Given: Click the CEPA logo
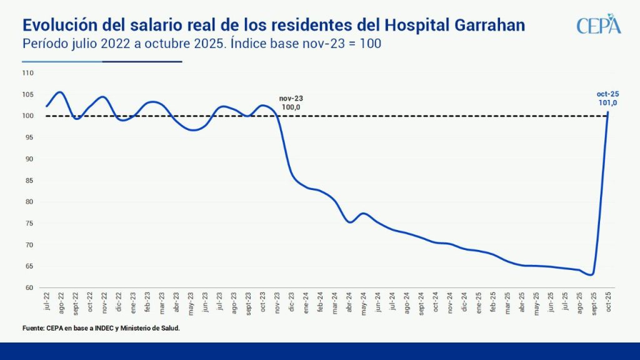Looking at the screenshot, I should point(598,26).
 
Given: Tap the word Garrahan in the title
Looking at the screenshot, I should point(485,24).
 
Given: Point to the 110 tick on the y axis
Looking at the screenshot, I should point(27,73).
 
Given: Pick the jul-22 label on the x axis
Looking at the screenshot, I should point(47,301).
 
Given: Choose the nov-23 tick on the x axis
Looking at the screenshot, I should point(277,301).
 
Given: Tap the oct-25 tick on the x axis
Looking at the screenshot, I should point(607,301).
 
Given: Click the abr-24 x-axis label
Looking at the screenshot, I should point(349,301).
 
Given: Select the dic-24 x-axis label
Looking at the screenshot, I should point(464,301).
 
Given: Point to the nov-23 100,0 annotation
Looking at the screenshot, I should point(291,103).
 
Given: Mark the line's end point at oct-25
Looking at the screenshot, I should point(608,112).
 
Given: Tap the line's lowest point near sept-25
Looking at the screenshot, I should point(591,274).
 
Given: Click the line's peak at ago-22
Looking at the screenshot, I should point(60,92).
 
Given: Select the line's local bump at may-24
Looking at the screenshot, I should point(363,214).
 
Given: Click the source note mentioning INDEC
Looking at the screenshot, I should point(101,327).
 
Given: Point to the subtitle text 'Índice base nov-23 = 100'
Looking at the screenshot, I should point(305,44).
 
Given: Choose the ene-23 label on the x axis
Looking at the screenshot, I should point(133,301).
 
